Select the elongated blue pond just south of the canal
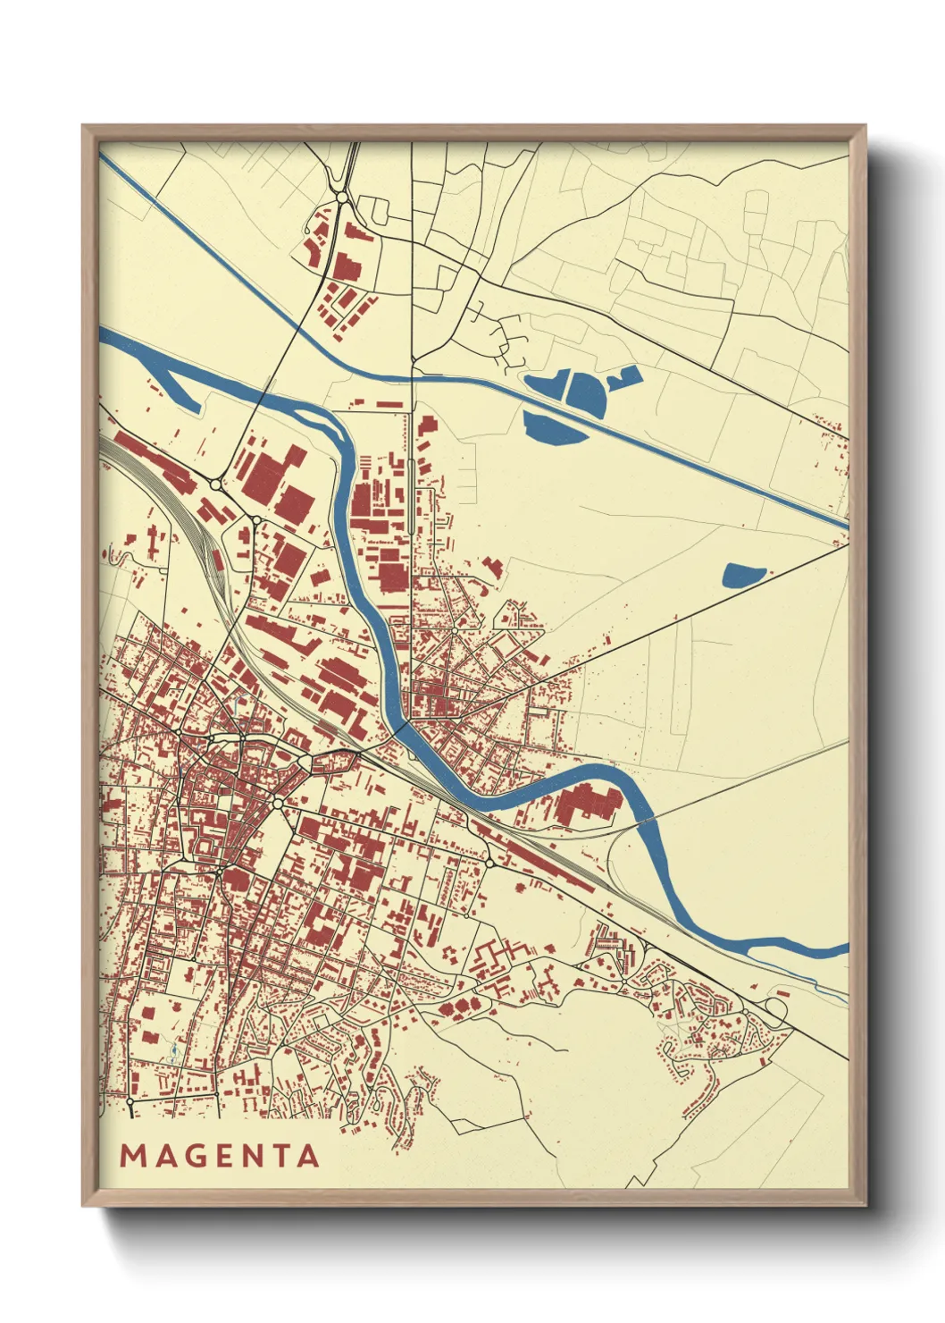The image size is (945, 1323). click(554, 425)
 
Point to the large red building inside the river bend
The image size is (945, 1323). click(586, 803)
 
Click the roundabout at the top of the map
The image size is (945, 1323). click(340, 197)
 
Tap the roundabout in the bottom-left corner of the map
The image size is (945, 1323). click(130, 1102)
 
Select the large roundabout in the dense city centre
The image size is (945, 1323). click(278, 805)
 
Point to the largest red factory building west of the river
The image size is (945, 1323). click(268, 472)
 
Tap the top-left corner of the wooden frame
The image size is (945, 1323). click(86, 128)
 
